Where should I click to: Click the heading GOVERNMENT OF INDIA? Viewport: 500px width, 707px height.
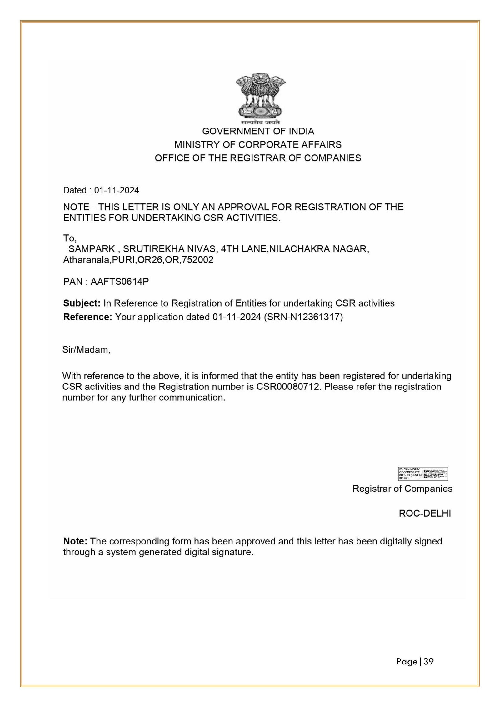[258, 131]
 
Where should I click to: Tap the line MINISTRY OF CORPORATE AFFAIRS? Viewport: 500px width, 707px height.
[258, 145]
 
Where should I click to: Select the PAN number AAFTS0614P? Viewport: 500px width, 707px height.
[120, 282]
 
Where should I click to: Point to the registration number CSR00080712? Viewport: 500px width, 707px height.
[288, 387]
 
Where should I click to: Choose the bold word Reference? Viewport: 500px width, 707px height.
[87, 317]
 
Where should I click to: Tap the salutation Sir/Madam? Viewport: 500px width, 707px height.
[87, 350]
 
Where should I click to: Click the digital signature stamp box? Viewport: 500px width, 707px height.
[423, 474]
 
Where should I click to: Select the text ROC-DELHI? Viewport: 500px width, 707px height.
[425, 514]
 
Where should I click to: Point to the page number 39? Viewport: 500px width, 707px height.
[429, 662]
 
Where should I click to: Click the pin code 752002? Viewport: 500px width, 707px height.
[200, 260]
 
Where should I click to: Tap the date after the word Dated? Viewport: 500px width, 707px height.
[117, 190]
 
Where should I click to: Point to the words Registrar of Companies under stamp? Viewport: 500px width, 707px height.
[402, 489]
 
